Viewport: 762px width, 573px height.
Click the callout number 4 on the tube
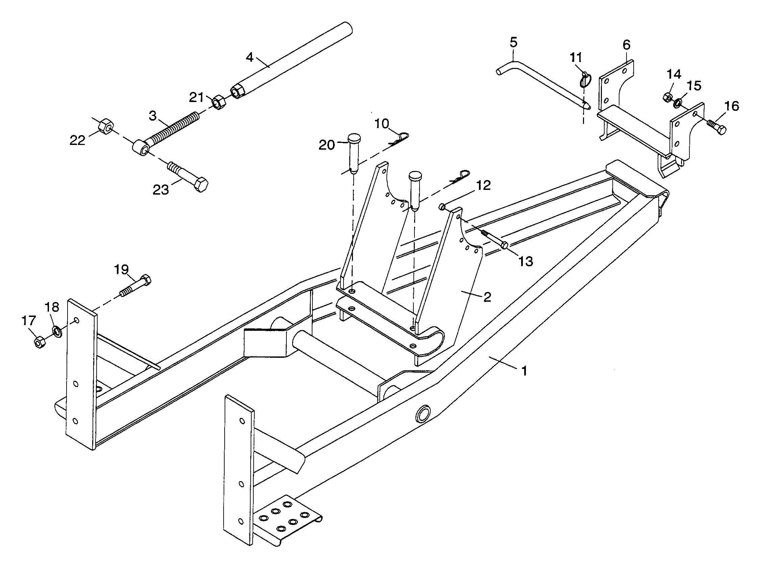pyautogui.click(x=250, y=57)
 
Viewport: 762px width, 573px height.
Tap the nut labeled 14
pyautogui.click(x=668, y=97)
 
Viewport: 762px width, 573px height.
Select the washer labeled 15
pyautogui.click(x=678, y=102)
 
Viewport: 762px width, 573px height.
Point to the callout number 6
pyautogui.click(x=627, y=45)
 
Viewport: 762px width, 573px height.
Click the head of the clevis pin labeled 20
pyautogui.click(x=354, y=139)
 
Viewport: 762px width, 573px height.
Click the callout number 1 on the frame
pyautogui.click(x=524, y=371)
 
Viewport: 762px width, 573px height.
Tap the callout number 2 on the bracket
pyautogui.click(x=487, y=296)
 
